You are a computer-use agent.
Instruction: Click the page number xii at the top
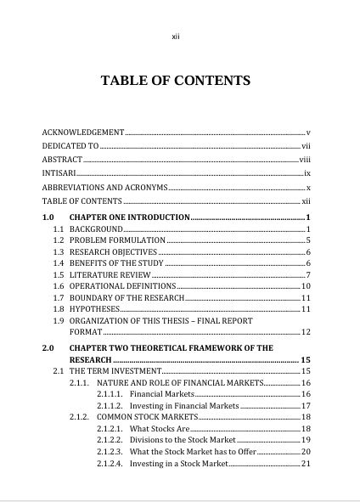[176, 37]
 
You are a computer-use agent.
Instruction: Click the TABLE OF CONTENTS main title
[176, 82]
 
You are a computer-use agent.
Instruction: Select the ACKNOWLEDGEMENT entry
[83, 133]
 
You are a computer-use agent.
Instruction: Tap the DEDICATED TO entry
[70, 146]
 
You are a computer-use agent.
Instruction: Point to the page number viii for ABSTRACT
[306, 160]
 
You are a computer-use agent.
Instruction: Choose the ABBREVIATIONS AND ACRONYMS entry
[104, 187]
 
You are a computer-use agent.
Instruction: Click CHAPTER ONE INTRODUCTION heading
[129, 218]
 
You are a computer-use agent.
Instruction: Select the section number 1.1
[59, 229]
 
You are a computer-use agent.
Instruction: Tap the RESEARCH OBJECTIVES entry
[113, 252]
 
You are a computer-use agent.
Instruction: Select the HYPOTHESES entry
[94, 309]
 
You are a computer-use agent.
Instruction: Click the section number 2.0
[48, 348]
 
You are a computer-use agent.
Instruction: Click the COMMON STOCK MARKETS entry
[146, 417]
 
